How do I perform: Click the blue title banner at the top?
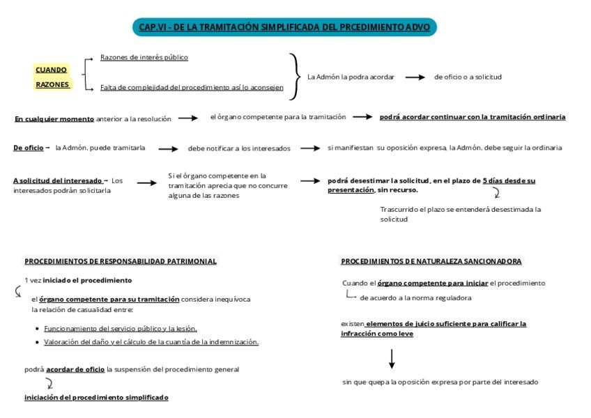pyautogui.click(x=285, y=28)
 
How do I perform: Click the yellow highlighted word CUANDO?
pyautogui.click(x=51, y=70)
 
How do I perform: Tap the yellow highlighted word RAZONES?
pyautogui.click(x=52, y=84)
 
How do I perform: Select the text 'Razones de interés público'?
pyautogui.click(x=144, y=57)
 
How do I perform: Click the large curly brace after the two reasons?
pyautogui.click(x=296, y=77)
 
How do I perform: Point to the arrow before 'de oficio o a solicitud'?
pyautogui.click(x=415, y=77)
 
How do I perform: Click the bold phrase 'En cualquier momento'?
pyautogui.click(x=54, y=119)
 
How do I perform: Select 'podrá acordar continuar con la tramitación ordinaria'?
pyautogui.click(x=472, y=117)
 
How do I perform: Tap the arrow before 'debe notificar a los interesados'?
pyautogui.click(x=169, y=148)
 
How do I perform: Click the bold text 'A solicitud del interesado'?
pyautogui.click(x=59, y=180)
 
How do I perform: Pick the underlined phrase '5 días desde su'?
pyautogui.click(x=509, y=180)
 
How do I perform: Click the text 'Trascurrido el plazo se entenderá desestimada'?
pyautogui.click(x=460, y=209)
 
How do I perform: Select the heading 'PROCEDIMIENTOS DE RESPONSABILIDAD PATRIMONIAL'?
pyautogui.click(x=121, y=261)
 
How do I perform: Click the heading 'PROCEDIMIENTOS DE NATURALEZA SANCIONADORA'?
pyautogui.click(x=431, y=261)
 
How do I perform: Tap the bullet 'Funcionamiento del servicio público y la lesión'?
pyautogui.click(x=121, y=328)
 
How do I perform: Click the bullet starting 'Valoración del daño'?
pyautogui.click(x=151, y=342)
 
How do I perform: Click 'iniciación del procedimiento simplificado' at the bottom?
pyautogui.click(x=96, y=397)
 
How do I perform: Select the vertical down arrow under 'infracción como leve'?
pyautogui.click(x=392, y=358)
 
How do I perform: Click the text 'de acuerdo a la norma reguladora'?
pyautogui.click(x=415, y=297)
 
